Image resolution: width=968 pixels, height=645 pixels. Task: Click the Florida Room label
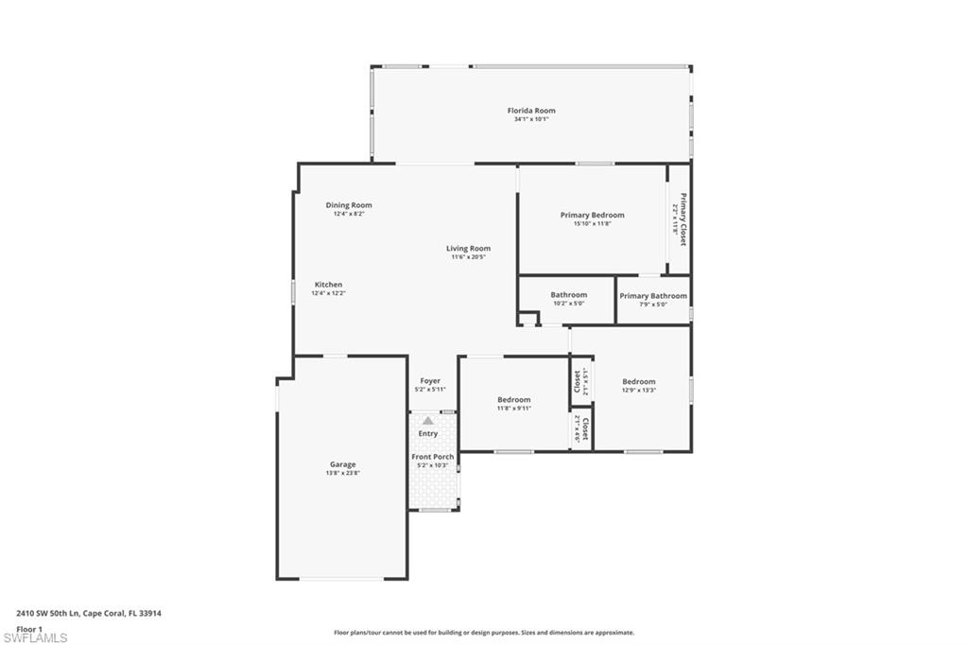point(530,111)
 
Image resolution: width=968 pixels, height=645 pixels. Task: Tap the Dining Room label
point(349,205)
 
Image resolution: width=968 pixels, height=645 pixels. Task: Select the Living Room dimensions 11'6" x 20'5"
point(468,257)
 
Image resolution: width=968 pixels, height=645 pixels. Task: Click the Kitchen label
point(328,285)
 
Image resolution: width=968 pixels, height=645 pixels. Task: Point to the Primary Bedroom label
point(592,215)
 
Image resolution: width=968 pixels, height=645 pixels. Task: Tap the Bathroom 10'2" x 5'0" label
point(568,295)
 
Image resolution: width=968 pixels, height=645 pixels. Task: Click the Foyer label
point(429,381)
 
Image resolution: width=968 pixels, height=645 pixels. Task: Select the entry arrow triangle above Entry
point(427,421)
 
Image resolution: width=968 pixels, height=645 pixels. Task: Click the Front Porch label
point(433,457)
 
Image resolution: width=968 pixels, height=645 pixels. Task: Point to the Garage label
point(342,464)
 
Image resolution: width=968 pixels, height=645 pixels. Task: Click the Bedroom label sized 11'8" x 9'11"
point(513,400)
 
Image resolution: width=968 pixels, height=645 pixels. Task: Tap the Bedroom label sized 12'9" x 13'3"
point(638,382)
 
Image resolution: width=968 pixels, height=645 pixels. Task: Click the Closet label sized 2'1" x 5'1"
point(578,381)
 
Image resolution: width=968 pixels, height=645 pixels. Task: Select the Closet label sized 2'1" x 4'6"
point(585,429)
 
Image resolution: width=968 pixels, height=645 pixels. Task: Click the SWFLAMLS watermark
point(35,637)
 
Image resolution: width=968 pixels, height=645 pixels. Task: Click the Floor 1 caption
point(29,628)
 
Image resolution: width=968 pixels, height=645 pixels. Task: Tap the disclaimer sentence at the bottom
point(483,633)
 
